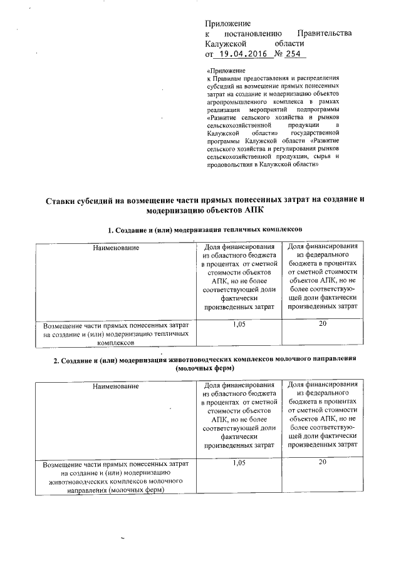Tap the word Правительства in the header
(x=325, y=33)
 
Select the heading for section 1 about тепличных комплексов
(x=200, y=231)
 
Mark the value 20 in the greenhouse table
(x=323, y=323)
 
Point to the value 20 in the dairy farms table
(x=323, y=462)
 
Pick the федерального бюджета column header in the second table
(x=323, y=413)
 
